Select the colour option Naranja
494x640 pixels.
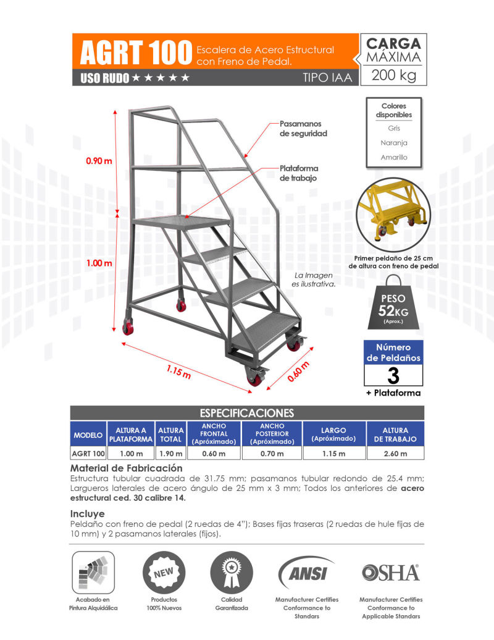click(393, 143)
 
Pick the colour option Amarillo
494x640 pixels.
click(393, 158)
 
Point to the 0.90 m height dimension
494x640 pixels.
click(99, 161)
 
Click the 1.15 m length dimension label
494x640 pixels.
click(178, 373)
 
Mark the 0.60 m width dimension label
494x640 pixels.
click(298, 373)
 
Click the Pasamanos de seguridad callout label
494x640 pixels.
click(303, 129)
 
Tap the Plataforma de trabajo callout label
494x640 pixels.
click(299, 173)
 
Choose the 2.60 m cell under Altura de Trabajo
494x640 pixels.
click(395, 453)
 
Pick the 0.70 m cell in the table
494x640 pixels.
click(272, 453)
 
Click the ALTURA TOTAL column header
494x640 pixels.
click(171, 434)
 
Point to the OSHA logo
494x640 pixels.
click(390, 573)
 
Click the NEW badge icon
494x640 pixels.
click(164, 572)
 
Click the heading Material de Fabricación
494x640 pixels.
click(127, 468)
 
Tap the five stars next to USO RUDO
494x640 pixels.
click(161, 78)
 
